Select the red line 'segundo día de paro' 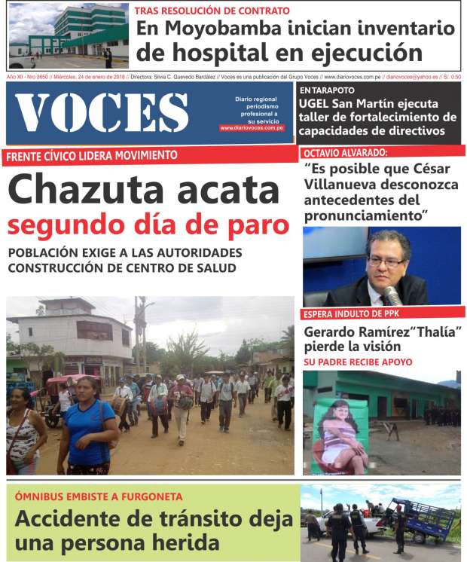[x=148, y=225]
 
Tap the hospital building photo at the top [x=69, y=35]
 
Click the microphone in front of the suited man [x=392, y=293]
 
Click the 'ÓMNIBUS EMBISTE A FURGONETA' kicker [x=99, y=497]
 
